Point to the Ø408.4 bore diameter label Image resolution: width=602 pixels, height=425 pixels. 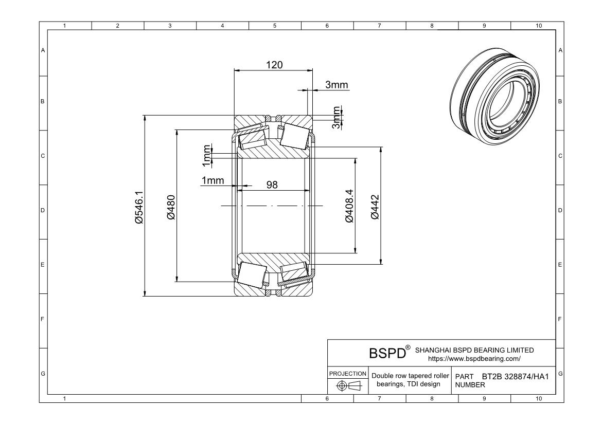(x=349, y=206)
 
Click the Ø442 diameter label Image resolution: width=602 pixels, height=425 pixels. (x=375, y=207)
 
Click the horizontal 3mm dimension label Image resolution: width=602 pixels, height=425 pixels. (x=337, y=85)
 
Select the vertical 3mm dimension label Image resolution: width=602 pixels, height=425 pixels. (x=337, y=118)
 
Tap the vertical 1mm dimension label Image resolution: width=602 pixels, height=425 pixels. (x=206, y=155)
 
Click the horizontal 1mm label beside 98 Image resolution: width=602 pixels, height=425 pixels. (x=213, y=180)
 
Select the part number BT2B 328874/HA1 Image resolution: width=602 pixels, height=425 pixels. (x=515, y=377)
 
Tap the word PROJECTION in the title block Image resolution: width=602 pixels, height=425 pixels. (x=348, y=374)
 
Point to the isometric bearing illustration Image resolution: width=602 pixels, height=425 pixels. (x=496, y=96)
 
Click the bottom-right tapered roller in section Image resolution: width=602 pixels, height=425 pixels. (x=293, y=274)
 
